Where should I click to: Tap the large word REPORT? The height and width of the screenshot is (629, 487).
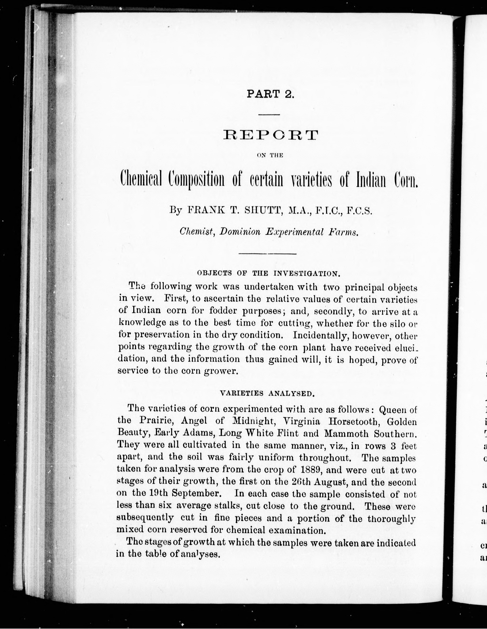pyautogui.click(x=271, y=135)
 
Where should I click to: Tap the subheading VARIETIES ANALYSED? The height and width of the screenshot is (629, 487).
pyautogui.click(x=267, y=393)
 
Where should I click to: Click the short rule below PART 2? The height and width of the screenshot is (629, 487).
pyautogui.click(x=269, y=115)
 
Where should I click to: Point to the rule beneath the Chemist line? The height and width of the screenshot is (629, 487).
pyautogui.click(x=268, y=254)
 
